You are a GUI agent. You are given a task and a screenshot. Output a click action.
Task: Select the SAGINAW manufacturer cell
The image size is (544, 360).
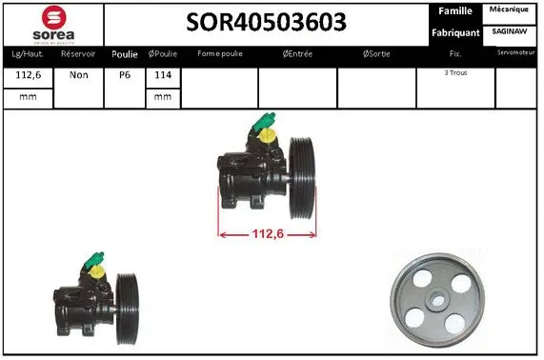512,31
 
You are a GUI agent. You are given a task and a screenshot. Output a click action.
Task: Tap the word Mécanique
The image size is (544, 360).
512,10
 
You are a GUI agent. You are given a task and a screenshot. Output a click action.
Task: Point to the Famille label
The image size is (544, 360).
454,10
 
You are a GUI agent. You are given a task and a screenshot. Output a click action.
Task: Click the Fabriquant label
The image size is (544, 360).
454,32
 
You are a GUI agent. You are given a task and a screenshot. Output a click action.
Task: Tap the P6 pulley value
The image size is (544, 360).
124,75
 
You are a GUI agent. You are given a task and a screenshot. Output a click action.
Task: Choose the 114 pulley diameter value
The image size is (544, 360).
163,75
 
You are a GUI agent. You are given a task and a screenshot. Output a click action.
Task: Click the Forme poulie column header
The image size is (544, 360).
219,54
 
